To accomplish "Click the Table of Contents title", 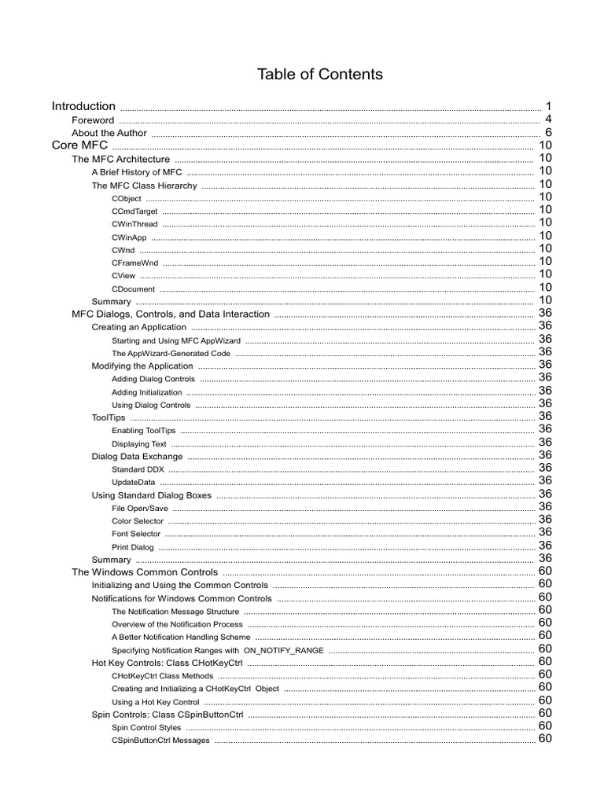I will pyautogui.click(x=319, y=75).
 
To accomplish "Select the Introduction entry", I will pyautogui.click(x=83, y=106).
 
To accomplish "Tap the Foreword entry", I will pyautogui.click(x=93, y=120).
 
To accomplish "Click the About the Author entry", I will pyautogui.click(x=109, y=134).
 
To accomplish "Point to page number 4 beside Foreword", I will pyautogui.click(x=547, y=119).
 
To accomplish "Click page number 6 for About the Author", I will pyautogui.click(x=548, y=133).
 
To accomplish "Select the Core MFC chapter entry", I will pyautogui.click(x=79, y=145).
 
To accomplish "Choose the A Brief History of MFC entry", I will pyautogui.click(x=137, y=172).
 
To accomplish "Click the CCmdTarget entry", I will pyautogui.click(x=134, y=211).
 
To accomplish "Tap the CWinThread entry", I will pyautogui.click(x=134, y=225).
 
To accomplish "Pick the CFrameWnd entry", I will pyautogui.click(x=135, y=263).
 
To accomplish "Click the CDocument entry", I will pyautogui.click(x=133, y=289).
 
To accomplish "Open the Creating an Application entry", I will pyautogui.click(x=139, y=327).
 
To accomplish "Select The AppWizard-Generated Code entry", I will pyautogui.click(x=171, y=353).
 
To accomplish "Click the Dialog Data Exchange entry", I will pyautogui.click(x=137, y=457).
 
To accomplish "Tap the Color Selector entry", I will pyautogui.click(x=138, y=521).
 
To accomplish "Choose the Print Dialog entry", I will pyautogui.click(x=133, y=547).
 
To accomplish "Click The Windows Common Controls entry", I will pyautogui.click(x=145, y=572).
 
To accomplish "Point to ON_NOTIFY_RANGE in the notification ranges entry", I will pyautogui.click(x=283, y=650).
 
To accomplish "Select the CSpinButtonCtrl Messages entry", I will pyautogui.click(x=160, y=741).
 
